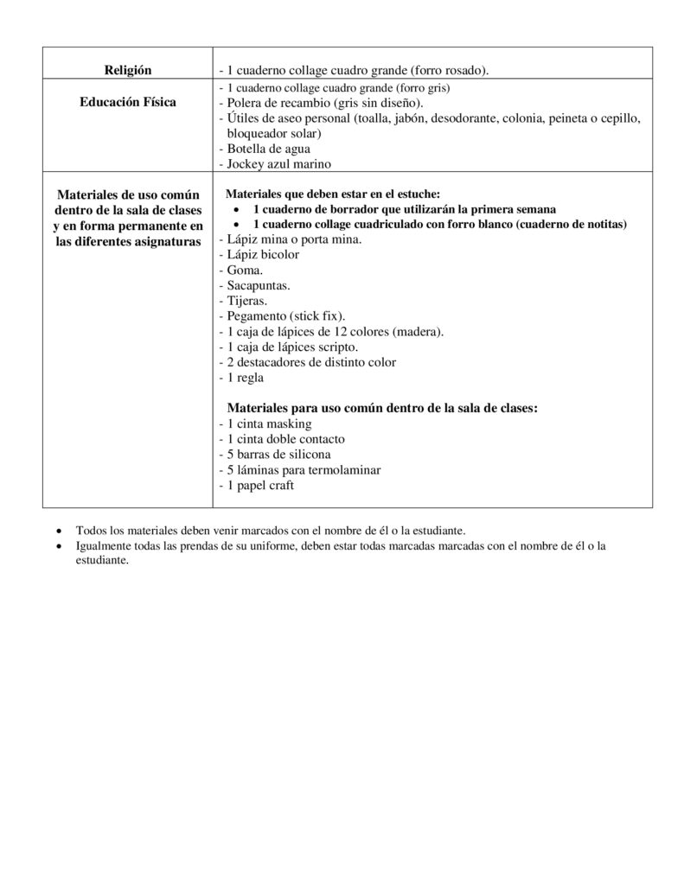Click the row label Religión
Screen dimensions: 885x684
pos(127,69)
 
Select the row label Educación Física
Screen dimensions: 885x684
pos(127,102)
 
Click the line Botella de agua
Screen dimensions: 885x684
pos(256,149)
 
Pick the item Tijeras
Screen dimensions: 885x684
pos(245,301)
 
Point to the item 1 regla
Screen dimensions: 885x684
pos(244,378)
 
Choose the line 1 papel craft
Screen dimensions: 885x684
pos(259,486)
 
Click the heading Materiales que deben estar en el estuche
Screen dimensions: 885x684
pos(333,194)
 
